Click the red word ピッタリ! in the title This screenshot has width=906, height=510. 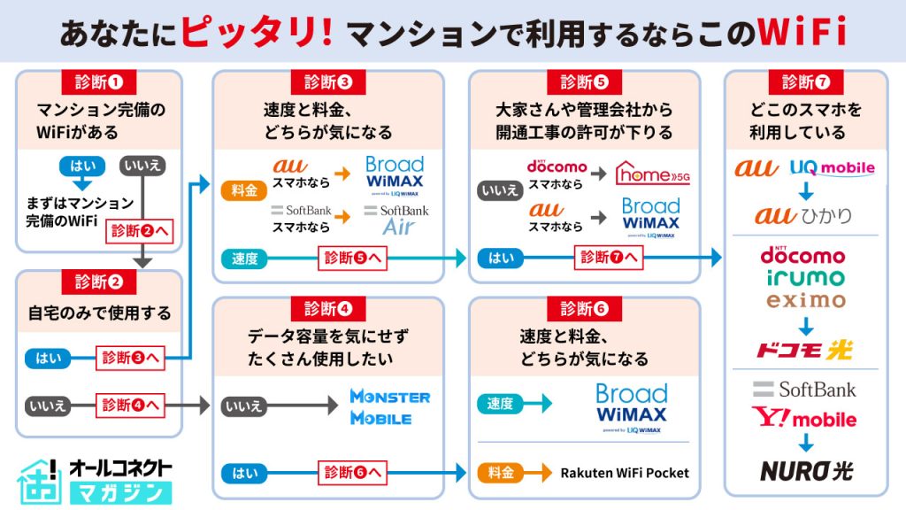257,32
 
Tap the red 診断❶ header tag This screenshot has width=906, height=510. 98,82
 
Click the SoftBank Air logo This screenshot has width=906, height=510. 396,219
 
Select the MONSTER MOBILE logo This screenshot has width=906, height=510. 389,406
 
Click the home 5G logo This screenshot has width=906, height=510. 652,174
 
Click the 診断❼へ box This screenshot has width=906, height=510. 607,258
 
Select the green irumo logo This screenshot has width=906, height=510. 805,278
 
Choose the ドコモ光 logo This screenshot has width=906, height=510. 804,350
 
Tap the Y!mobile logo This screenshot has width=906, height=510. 804,417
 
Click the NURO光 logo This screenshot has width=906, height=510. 805,469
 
